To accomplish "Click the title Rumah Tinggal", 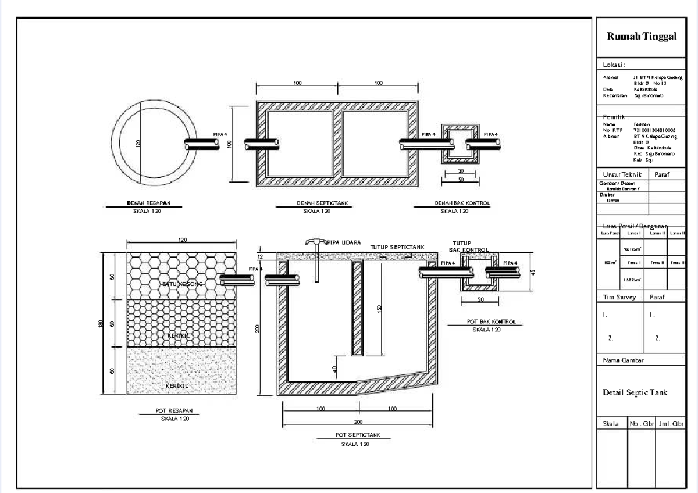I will click(642, 36).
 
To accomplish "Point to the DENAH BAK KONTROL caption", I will click(462, 203).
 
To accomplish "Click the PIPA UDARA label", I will click(344, 242).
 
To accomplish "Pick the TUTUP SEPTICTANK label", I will click(397, 247).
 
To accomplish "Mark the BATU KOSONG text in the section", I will click(183, 284).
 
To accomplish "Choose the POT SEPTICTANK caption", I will click(358, 435).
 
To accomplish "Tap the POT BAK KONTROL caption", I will click(492, 321).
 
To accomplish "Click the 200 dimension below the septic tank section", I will click(358, 422).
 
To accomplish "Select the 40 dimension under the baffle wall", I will click(336, 369).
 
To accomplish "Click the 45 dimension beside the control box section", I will click(532, 271).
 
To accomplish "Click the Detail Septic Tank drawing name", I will click(635, 392).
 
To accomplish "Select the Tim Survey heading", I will click(619, 297).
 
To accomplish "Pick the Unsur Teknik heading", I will click(622, 174).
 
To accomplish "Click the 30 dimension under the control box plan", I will click(461, 171).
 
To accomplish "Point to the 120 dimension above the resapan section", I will click(182, 240).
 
